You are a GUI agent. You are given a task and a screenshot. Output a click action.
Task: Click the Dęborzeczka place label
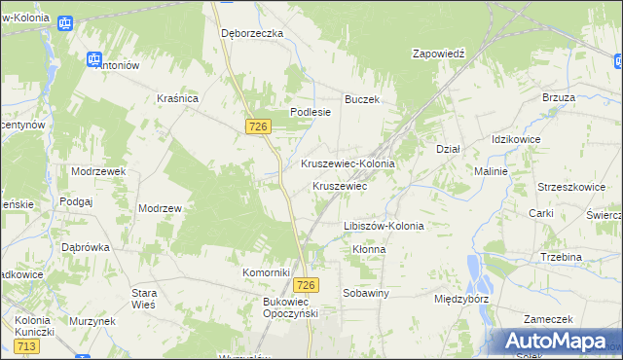[x=251, y=32]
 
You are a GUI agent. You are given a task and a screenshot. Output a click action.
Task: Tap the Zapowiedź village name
[x=440, y=54]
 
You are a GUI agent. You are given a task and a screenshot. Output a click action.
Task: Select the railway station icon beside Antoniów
[x=95, y=59]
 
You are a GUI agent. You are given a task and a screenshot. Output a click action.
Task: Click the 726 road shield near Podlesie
[x=258, y=127]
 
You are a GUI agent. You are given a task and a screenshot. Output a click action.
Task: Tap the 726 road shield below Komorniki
[x=306, y=284]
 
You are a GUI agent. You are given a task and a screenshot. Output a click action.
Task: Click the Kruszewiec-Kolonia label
[x=348, y=163]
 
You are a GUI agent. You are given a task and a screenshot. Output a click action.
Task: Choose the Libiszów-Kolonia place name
[x=384, y=226]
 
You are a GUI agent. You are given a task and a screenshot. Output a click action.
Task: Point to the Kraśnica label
[x=178, y=98]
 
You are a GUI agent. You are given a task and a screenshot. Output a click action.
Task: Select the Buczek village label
[x=361, y=99]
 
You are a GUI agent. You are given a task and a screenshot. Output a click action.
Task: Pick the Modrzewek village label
[x=99, y=170]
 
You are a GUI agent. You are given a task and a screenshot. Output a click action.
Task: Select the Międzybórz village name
[x=462, y=300]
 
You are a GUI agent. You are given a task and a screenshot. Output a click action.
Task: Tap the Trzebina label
[x=561, y=257]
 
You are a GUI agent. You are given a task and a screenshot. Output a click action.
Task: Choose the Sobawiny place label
[x=366, y=292]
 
